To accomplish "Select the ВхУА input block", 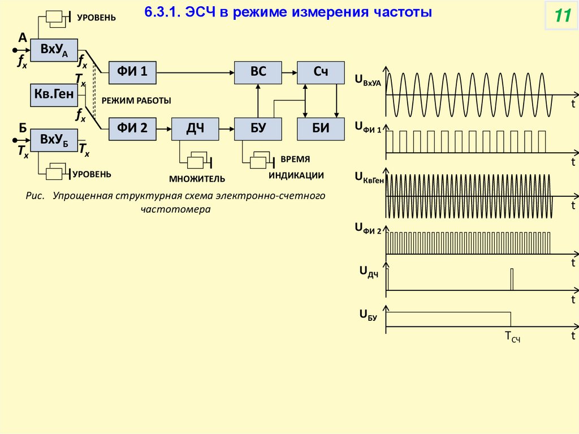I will click(54, 51).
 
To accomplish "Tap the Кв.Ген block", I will click(54, 95).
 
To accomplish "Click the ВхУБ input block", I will click(54, 140).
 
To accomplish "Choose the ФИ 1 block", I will click(132, 71).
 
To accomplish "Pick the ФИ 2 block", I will click(132, 128).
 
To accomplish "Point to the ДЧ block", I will click(195, 128).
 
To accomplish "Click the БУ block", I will click(258, 128).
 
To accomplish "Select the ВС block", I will click(258, 71).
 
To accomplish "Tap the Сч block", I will click(321, 71).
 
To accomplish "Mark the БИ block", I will click(321, 128).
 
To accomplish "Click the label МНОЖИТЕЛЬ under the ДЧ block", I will click(197, 179).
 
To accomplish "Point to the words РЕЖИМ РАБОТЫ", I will click(136, 100).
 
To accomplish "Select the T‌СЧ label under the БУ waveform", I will click(512, 338).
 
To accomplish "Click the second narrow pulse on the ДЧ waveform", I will click(512, 279).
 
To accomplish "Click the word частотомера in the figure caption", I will click(175, 209).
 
